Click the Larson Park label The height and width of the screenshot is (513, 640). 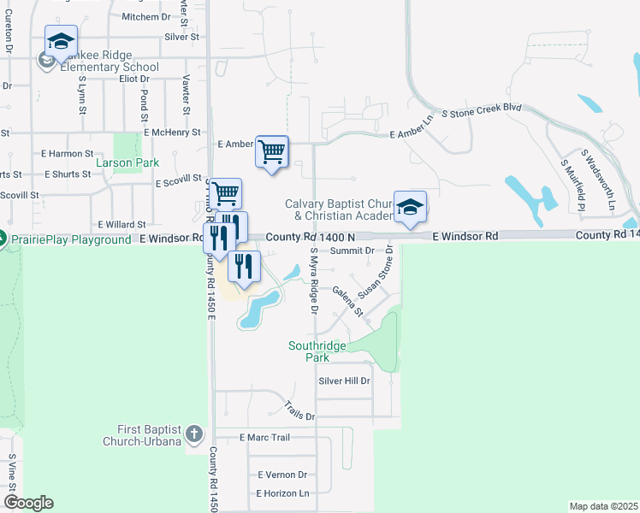click(x=127, y=162)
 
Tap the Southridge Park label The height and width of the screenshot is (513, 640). click(x=317, y=351)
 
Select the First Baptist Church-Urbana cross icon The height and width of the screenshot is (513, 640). click(x=195, y=433)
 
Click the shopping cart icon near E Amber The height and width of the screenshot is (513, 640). click(x=272, y=152)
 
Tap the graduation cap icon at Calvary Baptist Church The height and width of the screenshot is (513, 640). click(x=410, y=207)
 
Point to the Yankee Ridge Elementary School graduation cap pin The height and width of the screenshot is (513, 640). click(x=62, y=41)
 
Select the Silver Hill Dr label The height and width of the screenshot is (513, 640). click(x=344, y=380)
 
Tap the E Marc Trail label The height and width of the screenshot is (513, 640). click(x=265, y=437)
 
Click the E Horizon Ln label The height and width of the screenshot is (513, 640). click(x=282, y=493)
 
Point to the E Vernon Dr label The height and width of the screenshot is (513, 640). click(x=281, y=475)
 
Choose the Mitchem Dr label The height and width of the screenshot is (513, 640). click(x=147, y=16)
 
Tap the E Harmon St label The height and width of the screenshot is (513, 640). click(x=67, y=153)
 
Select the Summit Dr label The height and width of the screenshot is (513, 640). click(x=353, y=251)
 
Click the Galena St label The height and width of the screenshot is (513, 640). click(x=348, y=301)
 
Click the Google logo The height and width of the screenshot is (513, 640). click(x=29, y=503)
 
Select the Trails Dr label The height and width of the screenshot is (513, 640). click(x=299, y=410)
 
